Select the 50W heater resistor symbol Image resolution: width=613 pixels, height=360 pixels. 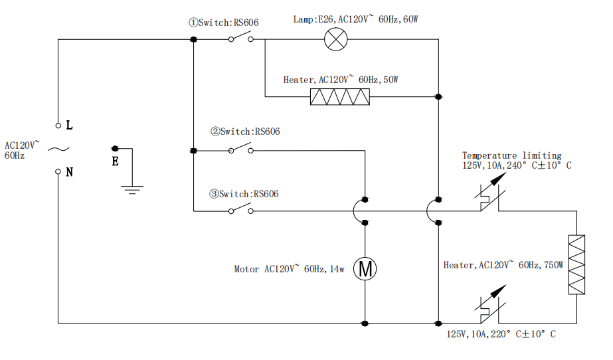click(x=340, y=97)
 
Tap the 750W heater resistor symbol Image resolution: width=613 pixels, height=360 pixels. click(x=576, y=264)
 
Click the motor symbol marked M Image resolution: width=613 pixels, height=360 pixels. click(x=365, y=268)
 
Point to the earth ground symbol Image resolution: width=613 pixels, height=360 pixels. click(x=133, y=188)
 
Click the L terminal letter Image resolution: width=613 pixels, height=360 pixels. click(x=70, y=125)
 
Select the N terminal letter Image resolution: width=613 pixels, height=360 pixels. click(x=70, y=172)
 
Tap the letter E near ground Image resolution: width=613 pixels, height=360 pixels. click(x=115, y=161)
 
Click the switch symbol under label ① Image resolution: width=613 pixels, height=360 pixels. click(x=241, y=39)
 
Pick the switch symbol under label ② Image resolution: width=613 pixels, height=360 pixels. click(x=241, y=149)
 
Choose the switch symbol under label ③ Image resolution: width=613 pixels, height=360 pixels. click(x=241, y=211)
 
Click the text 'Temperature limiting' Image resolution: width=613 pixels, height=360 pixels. click(x=511, y=155)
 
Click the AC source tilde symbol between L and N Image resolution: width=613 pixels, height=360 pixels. click(x=56, y=149)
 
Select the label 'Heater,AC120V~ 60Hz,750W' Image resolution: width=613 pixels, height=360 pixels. click(x=503, y=265)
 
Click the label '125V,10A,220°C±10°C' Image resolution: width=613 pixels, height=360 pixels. click(x=501, y=334)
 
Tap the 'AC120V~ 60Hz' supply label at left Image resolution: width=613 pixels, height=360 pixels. click(x=22, y=149)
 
